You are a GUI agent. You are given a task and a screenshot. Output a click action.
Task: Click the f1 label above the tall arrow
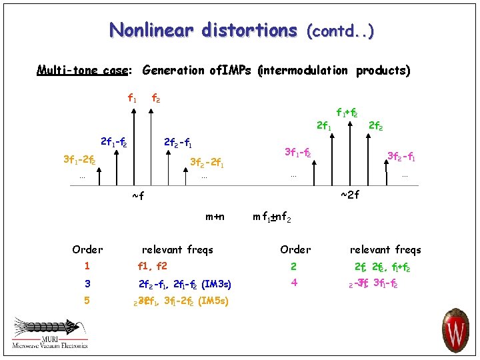[x=133, y=98]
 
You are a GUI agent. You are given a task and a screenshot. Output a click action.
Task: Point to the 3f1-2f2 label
[x=79, y=161]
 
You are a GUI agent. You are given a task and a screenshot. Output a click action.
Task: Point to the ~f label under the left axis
[x=138, y=195]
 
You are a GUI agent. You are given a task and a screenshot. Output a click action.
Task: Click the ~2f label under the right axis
[x=350, y=195]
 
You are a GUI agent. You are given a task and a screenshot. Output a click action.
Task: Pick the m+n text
[x=215, y=216]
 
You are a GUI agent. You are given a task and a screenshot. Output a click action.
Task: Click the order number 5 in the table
[x=87, y=301]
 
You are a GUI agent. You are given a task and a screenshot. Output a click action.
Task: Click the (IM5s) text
[x=213, y=301]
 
